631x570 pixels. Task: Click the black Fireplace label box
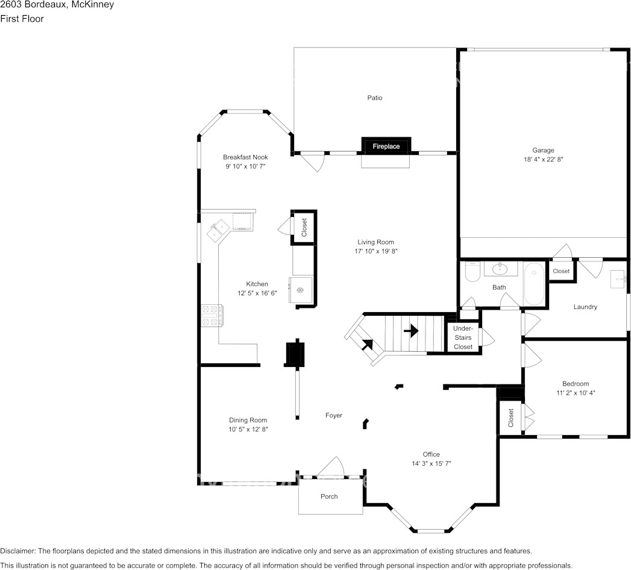386,146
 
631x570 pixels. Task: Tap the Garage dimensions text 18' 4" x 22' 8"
543,159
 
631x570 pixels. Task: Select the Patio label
375,98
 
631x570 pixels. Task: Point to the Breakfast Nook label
245,157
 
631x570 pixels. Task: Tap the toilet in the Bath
472,271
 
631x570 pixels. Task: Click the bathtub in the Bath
534,284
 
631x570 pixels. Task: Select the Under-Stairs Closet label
463,337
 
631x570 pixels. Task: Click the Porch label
329,496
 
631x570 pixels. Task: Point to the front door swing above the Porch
331,466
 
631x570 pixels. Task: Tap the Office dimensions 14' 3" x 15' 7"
432,463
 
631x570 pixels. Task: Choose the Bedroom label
576,384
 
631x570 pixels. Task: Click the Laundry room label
585,307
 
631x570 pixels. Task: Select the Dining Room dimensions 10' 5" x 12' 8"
248,429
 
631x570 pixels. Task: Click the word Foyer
334,415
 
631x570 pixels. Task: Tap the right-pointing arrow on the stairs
411,331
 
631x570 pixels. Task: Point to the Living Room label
376,242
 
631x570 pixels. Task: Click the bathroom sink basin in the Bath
500,269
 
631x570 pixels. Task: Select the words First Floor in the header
22,19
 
